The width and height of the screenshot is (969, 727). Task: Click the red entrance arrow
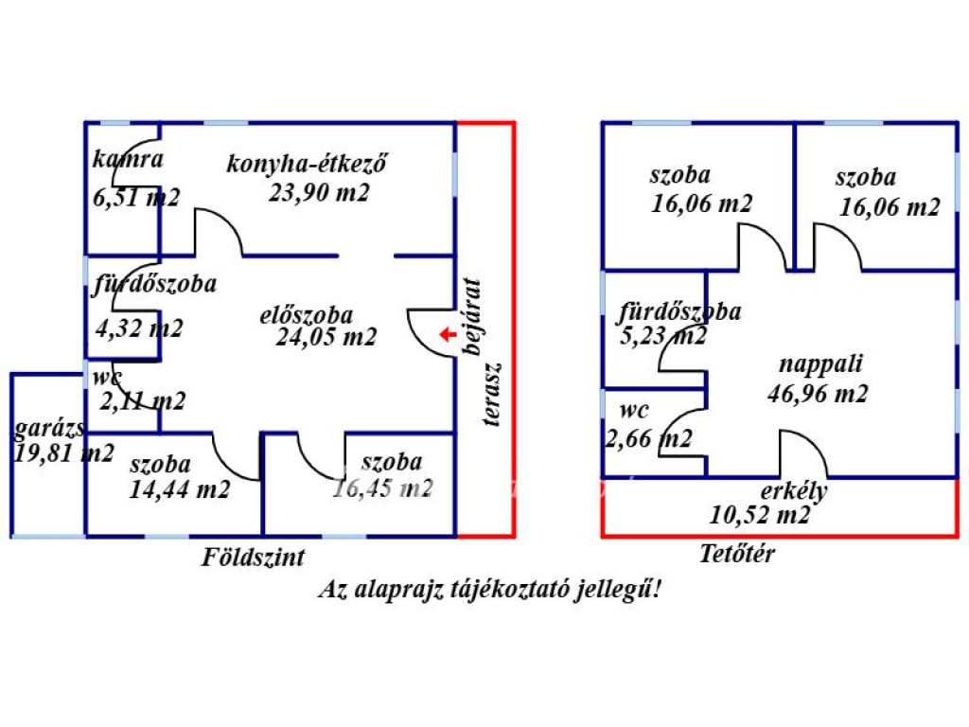tap(448, 334)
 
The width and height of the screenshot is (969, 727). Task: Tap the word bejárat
tap(472, 317)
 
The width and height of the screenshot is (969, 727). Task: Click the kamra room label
tap(128, 159)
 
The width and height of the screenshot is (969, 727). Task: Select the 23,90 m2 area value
tap(319, 193)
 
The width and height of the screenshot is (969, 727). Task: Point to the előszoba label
tap(306, 314)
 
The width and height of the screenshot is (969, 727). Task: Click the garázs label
tap(49, 428)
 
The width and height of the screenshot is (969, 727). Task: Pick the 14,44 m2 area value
tap(179, 490)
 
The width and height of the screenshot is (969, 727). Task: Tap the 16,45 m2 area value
tap(382, 488)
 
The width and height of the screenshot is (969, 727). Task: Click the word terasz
tap(492, 395)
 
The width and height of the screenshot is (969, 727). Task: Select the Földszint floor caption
tap(254, 557)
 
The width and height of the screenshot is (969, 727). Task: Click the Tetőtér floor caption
tap(736, 553)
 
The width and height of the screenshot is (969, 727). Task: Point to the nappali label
tap(820, 364)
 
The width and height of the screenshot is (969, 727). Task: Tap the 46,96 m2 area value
tap(818, 394)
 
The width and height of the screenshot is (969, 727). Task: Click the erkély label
tap(794, 491)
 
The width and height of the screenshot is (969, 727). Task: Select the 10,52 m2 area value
tap(760, 515)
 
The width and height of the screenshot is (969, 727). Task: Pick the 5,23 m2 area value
tap(662, 336)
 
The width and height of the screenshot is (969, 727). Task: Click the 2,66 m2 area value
tap(648, 439)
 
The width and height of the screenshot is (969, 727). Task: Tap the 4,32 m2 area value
tap(139, 328)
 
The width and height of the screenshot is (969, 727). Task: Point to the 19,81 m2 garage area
tap(63, 453)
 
